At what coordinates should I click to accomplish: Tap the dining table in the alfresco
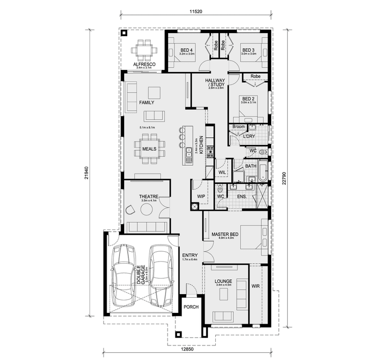144,50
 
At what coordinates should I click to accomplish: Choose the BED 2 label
248,98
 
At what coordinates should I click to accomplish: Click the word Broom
238,126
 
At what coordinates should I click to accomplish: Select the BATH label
250,166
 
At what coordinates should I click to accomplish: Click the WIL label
222,171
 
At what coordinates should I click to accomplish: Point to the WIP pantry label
202,196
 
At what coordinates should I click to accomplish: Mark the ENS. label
242,197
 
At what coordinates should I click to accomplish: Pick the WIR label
255,285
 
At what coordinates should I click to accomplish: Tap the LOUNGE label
223,281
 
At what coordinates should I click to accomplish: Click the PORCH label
191,307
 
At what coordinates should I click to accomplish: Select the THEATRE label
148,196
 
